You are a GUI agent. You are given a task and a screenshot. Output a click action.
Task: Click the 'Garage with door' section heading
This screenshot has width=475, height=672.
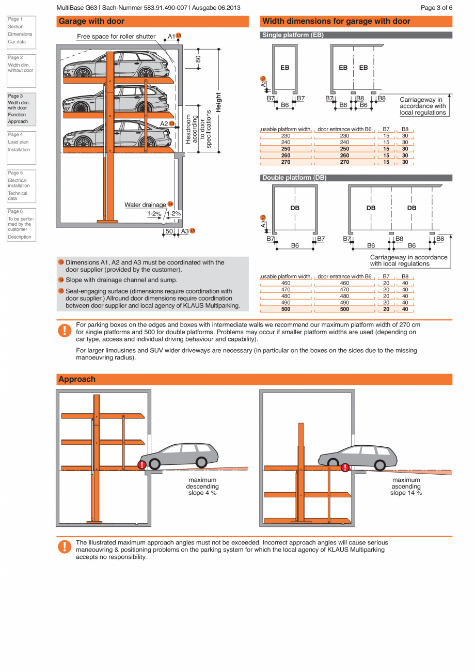click(91, 22)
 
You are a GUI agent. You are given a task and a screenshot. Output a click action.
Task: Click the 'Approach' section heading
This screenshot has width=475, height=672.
click(77, 379)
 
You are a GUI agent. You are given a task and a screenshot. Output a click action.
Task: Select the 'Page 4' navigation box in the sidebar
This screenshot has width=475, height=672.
click(21, 145)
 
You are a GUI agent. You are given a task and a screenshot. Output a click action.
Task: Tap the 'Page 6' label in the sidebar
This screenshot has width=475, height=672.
click(15, 211)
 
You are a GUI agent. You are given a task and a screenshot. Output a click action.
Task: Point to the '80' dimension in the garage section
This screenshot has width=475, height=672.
click(198, 58)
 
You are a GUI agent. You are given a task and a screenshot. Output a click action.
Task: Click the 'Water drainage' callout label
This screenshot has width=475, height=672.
click(145, 205)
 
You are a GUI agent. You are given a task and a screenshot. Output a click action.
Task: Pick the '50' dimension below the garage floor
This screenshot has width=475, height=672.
click(169, 231)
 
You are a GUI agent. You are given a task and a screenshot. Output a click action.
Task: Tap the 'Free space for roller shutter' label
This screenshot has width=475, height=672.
click(116, 37)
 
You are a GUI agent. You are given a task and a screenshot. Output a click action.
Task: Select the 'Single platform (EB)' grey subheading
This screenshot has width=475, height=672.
click(293, 35)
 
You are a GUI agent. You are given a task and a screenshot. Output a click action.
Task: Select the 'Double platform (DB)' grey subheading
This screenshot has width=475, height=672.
click(294, 178)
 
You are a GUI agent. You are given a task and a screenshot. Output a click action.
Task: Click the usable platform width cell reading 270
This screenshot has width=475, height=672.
click(286, 162)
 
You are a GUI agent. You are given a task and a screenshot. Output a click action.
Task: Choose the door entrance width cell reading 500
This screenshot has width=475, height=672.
click(344, 309)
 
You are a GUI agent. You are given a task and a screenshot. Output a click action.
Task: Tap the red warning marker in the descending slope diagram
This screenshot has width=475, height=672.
click(141, 465)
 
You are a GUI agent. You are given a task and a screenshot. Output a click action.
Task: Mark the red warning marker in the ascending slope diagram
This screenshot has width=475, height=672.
click(345, 468)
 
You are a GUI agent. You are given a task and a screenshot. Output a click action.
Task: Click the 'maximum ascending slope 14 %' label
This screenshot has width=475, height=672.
click(406, 487)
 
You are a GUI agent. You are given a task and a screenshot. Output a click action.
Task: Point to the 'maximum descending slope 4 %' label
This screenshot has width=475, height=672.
click(202, 487)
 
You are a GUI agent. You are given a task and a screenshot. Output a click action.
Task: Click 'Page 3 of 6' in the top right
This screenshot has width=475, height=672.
click(436, 8)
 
